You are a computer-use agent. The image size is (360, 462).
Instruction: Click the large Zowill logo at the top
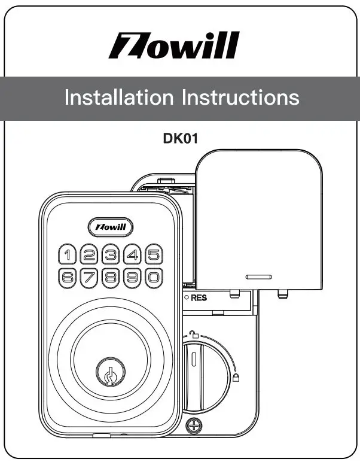(173, 46)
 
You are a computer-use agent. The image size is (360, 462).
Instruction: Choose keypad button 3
(111, 255)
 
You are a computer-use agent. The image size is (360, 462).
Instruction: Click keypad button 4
(132, 255)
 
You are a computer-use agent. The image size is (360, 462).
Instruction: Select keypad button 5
(154, 255)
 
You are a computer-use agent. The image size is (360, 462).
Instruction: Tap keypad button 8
(111, 277)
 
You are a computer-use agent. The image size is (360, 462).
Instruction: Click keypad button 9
(132, 277)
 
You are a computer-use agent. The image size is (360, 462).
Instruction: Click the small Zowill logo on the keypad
(111, 227)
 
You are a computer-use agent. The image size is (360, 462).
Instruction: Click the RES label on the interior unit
(199, 297)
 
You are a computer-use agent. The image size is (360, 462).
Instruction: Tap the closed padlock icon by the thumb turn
(237, 378)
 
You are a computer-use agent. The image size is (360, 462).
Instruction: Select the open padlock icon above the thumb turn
(193, 336)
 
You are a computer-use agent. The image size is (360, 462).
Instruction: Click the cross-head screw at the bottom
(193, 426)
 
